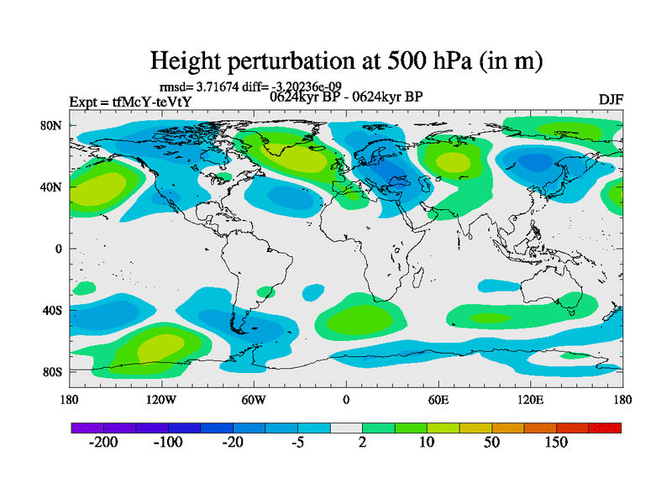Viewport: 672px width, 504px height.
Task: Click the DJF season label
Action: tap(611, 101)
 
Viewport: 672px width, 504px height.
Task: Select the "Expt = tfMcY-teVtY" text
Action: tap(130, 102)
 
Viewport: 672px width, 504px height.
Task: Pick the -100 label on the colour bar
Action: tap(168, 443)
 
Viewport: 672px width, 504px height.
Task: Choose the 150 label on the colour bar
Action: tap(556, 443)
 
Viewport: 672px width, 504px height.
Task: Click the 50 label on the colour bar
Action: tap(491, 443)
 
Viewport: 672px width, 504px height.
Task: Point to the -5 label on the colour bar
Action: tap(297, 443)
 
